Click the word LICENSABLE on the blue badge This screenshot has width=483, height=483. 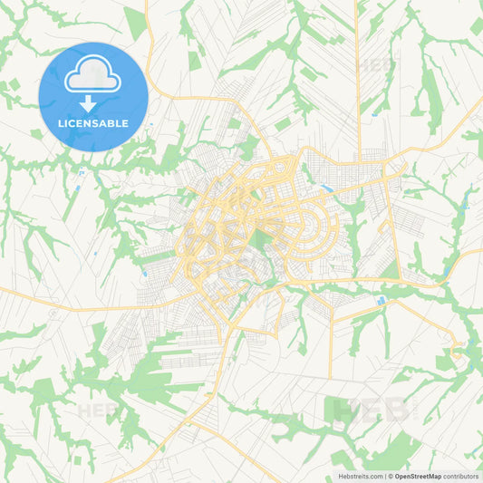click(x=93, y=122)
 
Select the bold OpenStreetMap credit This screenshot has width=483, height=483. click(x=418, y=476)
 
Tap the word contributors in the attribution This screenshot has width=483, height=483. click(x=461, y=476)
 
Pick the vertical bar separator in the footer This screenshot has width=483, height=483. click(x=384, y=476)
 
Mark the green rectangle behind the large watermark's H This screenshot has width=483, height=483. click(x=336, y=410)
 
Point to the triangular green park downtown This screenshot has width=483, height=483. click(x=264, y=238)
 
